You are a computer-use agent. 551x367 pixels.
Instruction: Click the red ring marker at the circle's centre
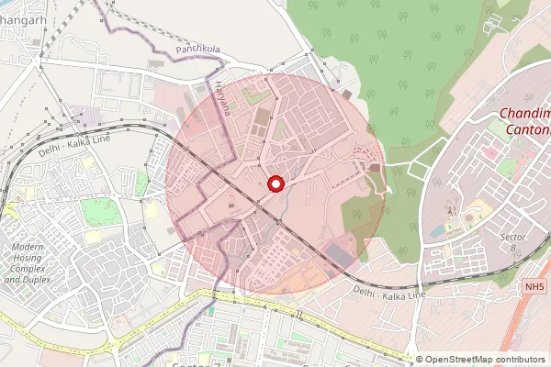275,184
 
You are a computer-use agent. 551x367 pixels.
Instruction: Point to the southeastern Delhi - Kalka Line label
389,294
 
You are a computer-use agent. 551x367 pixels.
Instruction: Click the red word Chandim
525,114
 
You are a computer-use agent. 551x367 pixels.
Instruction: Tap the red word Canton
531,130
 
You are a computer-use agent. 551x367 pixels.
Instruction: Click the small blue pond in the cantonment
434,232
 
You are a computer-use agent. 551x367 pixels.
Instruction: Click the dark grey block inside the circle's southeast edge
342,250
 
